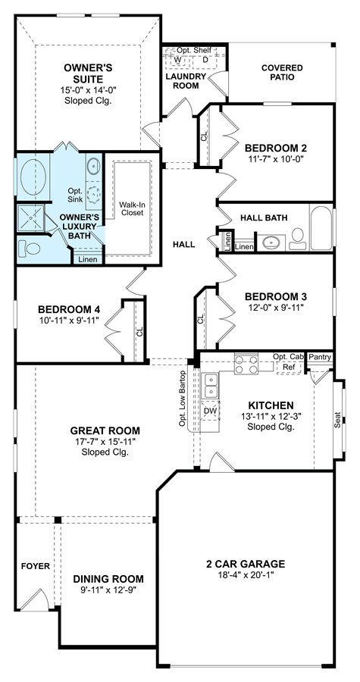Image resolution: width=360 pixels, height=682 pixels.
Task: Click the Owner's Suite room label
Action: [89, 74]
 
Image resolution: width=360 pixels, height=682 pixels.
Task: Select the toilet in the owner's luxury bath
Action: [29, 249]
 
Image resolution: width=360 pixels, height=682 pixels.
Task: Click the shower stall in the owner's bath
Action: [30, 219]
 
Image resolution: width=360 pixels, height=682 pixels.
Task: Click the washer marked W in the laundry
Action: [177, 60]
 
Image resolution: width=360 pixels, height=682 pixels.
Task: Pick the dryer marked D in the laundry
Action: [205, 60]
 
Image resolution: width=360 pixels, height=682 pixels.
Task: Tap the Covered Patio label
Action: [282, 73]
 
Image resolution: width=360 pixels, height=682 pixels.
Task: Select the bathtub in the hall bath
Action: [321, 227]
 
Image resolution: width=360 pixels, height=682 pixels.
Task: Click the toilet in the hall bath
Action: [297, 239]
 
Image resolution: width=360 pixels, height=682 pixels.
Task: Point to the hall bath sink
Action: [271, 242]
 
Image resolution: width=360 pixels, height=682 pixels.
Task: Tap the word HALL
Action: [184, 245]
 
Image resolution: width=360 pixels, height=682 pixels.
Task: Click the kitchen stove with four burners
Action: [246, 364]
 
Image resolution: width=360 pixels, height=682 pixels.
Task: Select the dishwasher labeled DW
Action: [211, 411]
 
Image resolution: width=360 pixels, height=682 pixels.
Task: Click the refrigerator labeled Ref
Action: [289, 368]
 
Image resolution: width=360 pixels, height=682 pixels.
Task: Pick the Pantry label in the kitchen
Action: [320, 358]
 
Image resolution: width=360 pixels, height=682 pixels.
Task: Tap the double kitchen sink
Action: [211, 386]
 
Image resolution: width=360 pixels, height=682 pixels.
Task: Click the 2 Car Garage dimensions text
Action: [246, 574]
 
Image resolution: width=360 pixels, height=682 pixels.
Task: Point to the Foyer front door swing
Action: [35, 601]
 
